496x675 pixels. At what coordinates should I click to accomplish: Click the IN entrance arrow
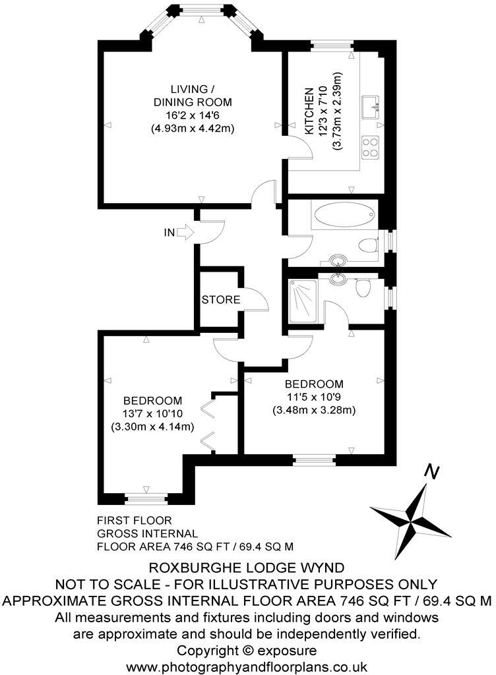pyautogui.click(x=186, y=232)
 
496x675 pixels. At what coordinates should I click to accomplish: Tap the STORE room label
pyautogui.click(x=220, y=299)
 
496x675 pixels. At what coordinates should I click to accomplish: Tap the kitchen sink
pyautogui.click(x=369, y=105)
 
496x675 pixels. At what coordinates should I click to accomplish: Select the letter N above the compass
pyautogui.click(x=431, y=472)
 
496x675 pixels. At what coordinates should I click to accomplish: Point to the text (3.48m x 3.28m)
pyautogui.click(x=314, y=409)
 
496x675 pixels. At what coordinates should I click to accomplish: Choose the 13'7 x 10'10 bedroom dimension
pyautogui.click(x=152, y=413)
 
